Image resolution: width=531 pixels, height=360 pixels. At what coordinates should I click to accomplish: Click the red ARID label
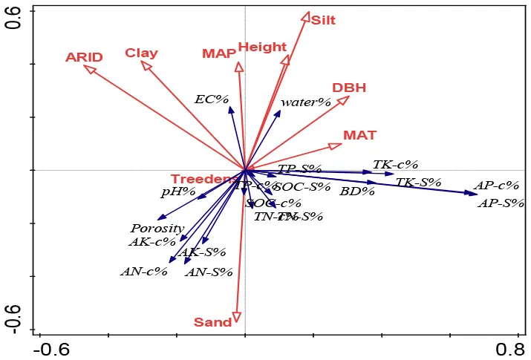point(84,57)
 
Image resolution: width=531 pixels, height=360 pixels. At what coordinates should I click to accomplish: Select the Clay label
point(141,53)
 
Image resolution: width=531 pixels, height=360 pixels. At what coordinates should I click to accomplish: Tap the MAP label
point(218,53)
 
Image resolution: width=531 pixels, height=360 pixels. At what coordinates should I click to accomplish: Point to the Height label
point(262,48)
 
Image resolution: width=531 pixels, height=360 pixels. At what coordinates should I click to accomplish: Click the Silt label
point(323,20)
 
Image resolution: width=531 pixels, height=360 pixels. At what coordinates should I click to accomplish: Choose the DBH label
point(349,88)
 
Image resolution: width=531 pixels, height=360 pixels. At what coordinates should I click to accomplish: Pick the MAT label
point(359,135)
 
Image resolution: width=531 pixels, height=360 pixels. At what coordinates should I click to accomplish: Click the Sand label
point(212,322)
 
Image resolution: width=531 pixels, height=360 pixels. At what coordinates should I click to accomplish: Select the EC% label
point(212,99)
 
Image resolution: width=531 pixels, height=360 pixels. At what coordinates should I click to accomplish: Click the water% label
point(305,102)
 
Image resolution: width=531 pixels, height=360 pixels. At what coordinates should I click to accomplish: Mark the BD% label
point(357,192)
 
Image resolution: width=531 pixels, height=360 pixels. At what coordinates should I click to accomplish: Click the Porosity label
point(157,228)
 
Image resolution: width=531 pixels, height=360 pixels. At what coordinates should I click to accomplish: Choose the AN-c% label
point(143,271)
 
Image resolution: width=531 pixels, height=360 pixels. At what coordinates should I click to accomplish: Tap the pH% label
point(177,192)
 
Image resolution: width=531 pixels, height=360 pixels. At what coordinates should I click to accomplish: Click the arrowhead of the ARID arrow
point(87,68)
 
